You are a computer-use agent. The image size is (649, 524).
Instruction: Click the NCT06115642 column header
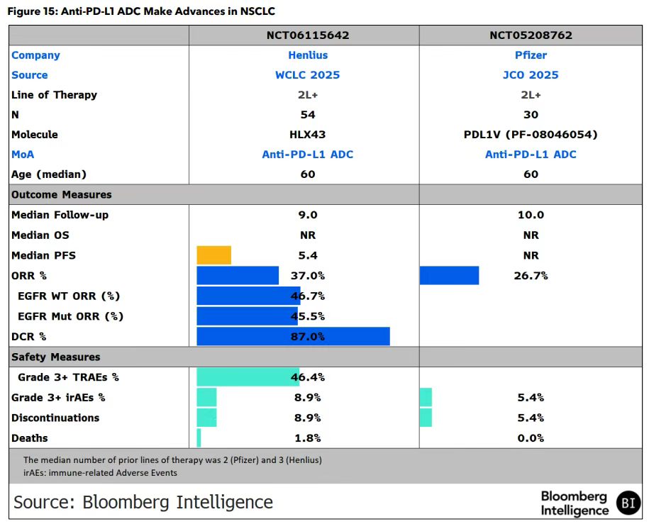pyautogui.click(x=308, y=35)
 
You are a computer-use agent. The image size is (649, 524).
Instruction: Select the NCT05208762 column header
pyautogui.click(x=531, y=35)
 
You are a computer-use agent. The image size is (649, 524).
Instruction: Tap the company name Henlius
pyautogui.click(x=308, y=55)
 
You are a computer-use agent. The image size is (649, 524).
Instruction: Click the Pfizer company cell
pyautogui.click(x=531, y=55)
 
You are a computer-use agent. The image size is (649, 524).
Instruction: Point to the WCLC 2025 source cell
pyautogui.click(x=308, y=74)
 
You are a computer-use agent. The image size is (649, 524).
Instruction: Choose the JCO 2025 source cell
pyautogui.click(x=531, y=74)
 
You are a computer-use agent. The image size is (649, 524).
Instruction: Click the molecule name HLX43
pyautogui.click(x=308, y=134)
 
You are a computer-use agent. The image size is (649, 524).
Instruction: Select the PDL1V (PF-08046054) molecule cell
pyautogui.click(x=531, y=134)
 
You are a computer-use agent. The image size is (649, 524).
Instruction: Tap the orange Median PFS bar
pyautogui.click(x=213, y=255)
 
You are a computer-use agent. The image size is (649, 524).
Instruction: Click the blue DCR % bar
pyautogui.click(x=293, y=336)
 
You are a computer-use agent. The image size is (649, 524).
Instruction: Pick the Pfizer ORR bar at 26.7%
pyautogui.click(x=449, y=275)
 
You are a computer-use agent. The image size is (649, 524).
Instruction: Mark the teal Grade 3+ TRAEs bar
pyautogui.click(x=248, y=377)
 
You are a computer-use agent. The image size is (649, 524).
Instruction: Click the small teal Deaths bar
pyautogui.click(x=199, y=437)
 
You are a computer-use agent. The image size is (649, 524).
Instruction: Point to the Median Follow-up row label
pyautogui.click(x=60, y=215)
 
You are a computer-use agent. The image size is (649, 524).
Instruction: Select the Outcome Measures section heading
pyautogui.click(x=62, y=194)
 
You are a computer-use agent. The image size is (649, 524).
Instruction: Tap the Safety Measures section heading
pyautogui.click(x=56, y=357)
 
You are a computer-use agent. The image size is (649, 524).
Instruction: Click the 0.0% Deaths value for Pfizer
pyautogui.click(x=531, y=438)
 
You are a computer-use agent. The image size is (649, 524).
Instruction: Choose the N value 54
pyautogui.click(x=308, y=114)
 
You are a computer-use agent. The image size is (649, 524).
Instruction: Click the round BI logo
pyautogui.click(x=627, y=502)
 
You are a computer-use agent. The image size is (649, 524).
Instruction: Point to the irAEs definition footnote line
pyautogui.click(x=100, y=472)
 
